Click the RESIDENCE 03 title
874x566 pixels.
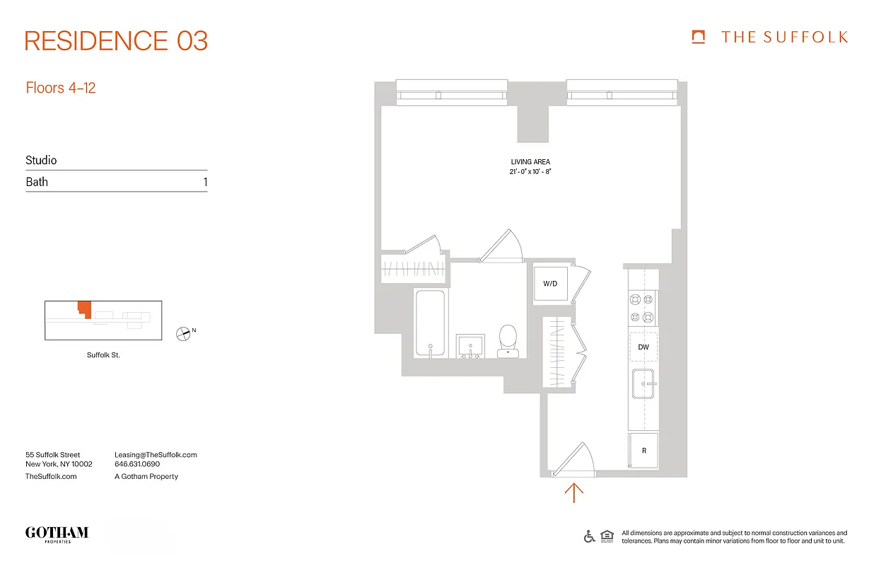click(116, 41)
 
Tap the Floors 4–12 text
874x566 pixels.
click(61, 88)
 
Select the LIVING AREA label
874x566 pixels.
click(530, 162)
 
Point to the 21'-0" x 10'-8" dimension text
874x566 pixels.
click(530, 172)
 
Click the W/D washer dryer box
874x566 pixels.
click(551, 284)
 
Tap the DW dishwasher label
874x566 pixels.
click(643, 347)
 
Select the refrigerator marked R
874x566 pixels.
click(643, 451)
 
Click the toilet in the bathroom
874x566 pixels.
click(508, 341)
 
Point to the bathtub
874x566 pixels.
click(430, 323)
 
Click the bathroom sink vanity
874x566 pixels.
click(470, 347)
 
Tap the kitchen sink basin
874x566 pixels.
click(643, 385)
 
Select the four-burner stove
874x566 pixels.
click(643, 308)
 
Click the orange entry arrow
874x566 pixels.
click(573, 492)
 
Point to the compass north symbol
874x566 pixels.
click(183, 333)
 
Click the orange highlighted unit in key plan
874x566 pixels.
click(84, 309)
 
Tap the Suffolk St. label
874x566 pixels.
click(103, 355)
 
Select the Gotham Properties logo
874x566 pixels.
click(57, 534)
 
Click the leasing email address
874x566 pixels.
click(156, 455)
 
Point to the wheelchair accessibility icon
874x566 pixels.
click(589, 536)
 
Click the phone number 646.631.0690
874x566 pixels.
click(137, 465)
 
